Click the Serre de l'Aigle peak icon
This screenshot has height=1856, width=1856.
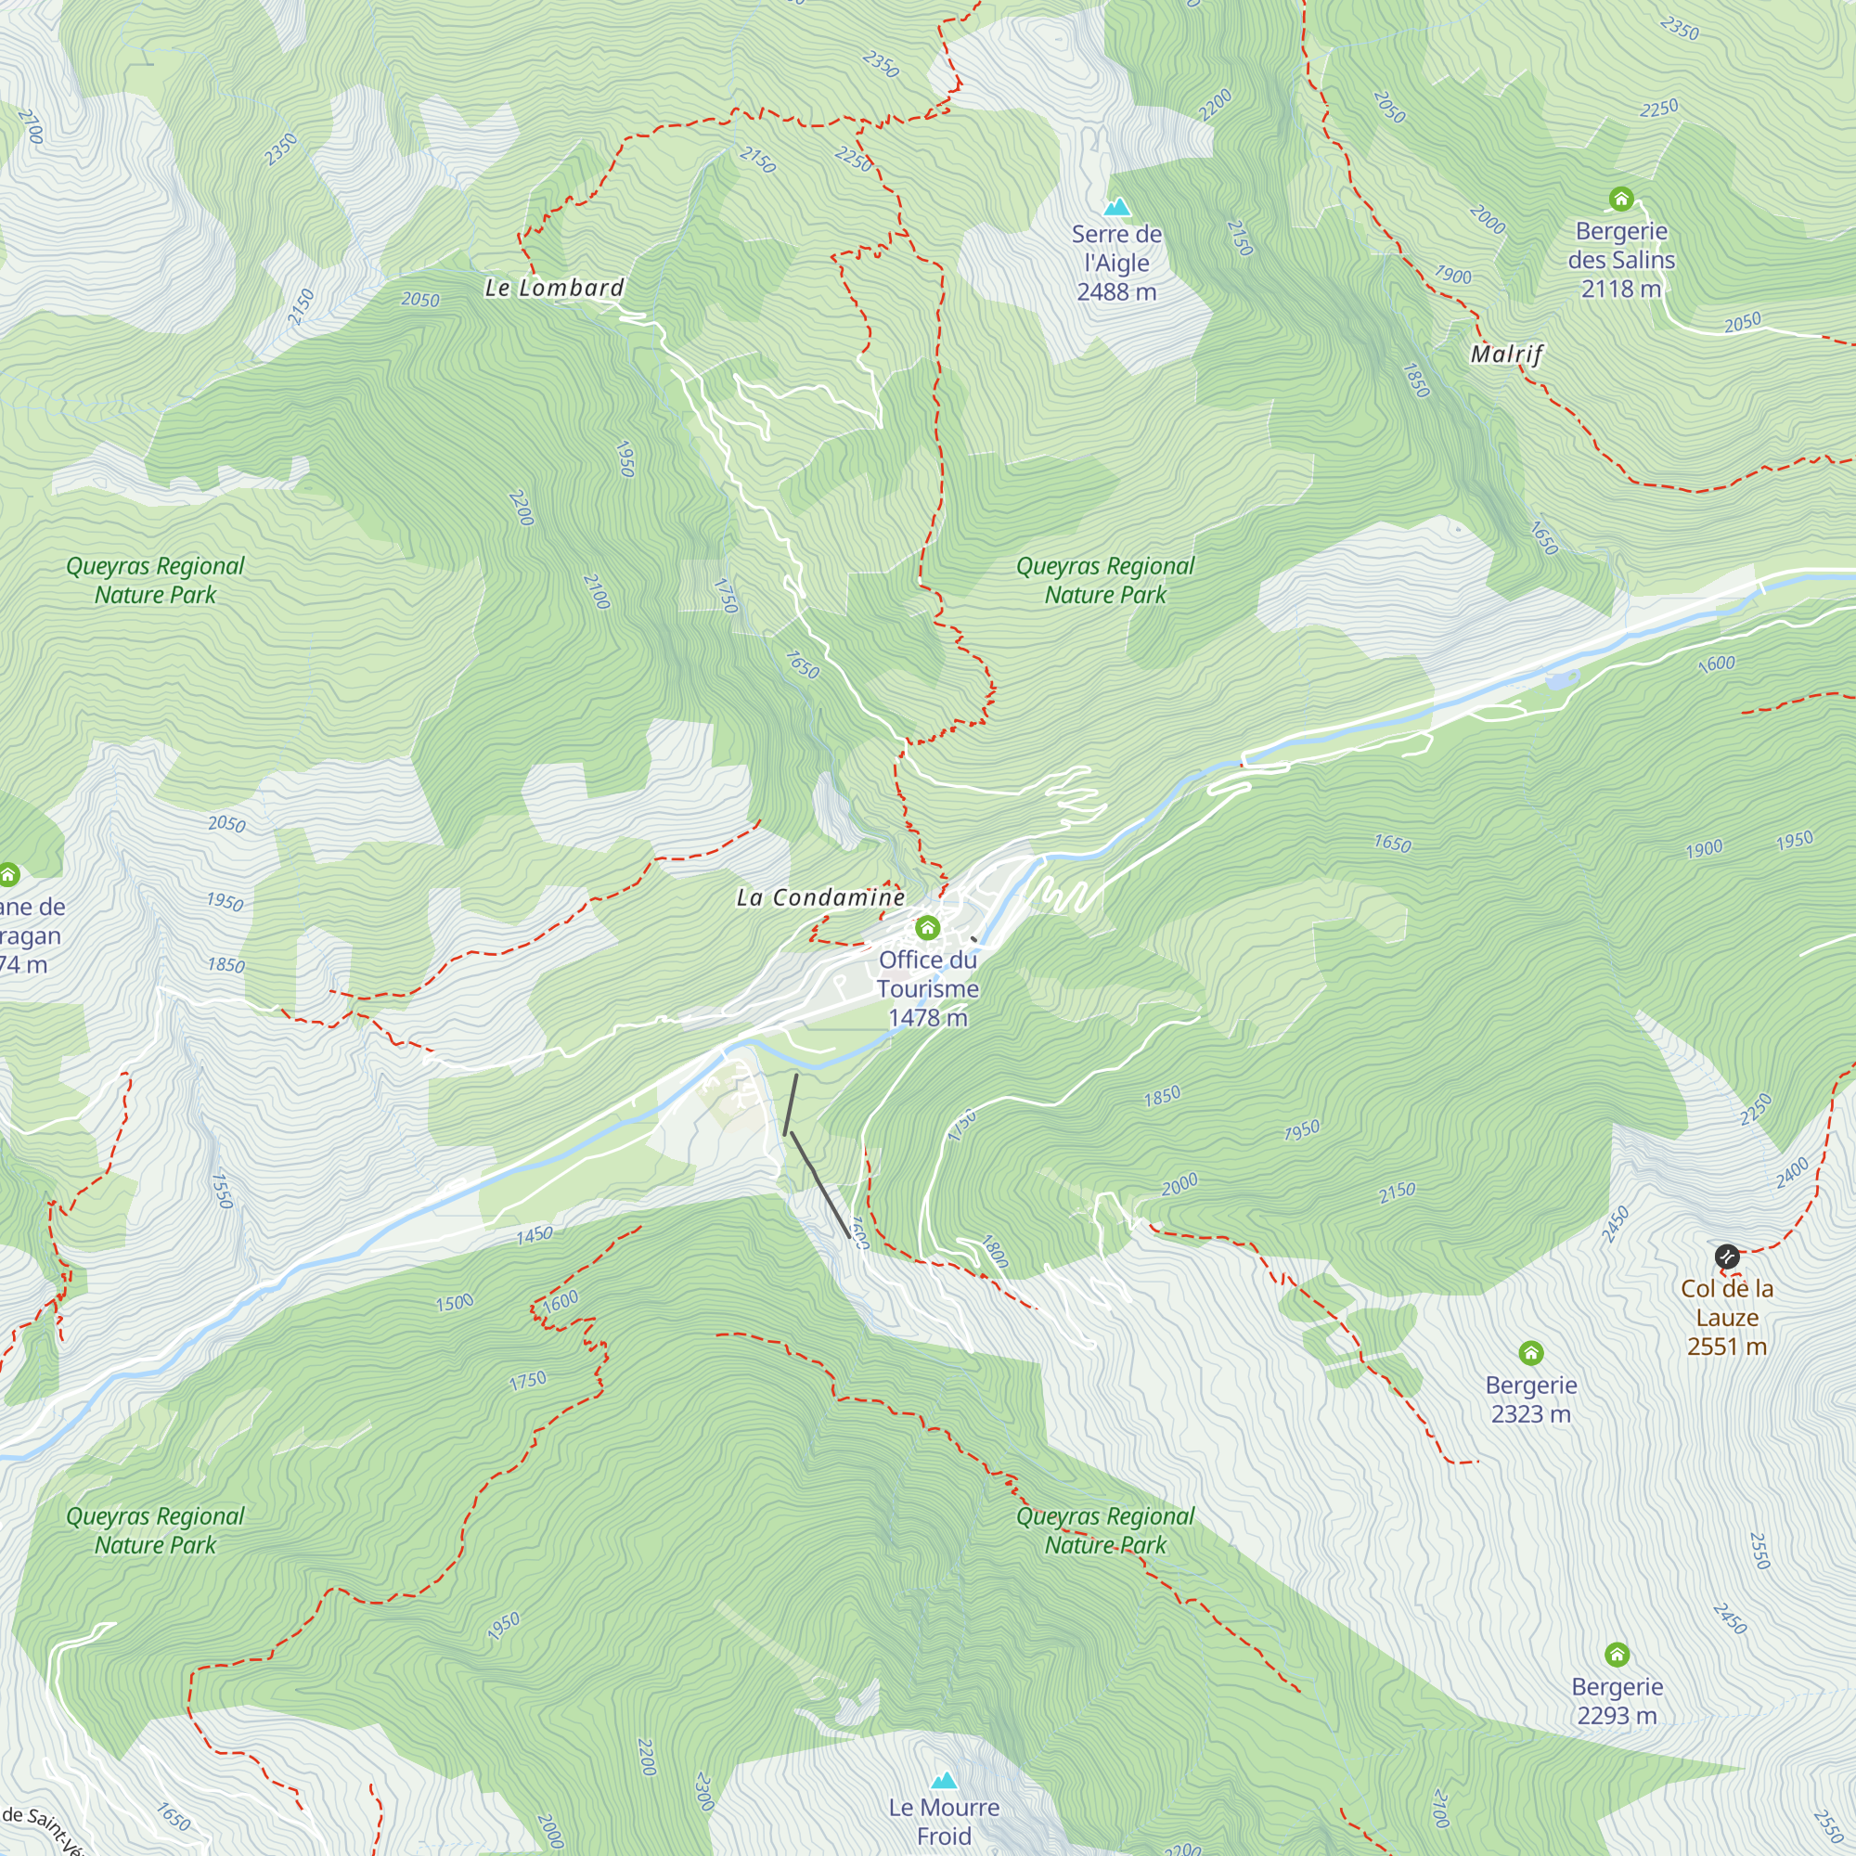[1116, 207]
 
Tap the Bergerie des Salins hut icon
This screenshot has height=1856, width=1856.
[1621, 199]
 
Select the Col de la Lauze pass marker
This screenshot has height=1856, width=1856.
[1726, 1256]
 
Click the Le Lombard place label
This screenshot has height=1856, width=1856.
[554, 289]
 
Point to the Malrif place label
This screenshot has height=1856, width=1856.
[1506, 354]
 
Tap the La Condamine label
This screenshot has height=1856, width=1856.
[820, 897]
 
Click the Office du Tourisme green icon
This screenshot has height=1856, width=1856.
[927, 927]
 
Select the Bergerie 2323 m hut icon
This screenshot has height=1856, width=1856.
[1531, 1353]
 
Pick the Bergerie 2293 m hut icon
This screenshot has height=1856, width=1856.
[1617, 1655]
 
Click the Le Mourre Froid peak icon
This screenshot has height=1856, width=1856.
[945, 1780]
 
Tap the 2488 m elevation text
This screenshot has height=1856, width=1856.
[1116, 292]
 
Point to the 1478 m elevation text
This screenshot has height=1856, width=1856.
[927, 1017]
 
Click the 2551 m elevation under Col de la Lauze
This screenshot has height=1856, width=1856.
[1726, 1346]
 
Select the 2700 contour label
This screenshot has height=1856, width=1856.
[30, 127]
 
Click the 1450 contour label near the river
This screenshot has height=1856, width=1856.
[535, 1234]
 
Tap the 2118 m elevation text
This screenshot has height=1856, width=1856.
[1620, 289]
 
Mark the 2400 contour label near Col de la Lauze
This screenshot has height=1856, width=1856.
[1792, 1173]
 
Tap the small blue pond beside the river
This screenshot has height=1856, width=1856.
[1561, 679]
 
